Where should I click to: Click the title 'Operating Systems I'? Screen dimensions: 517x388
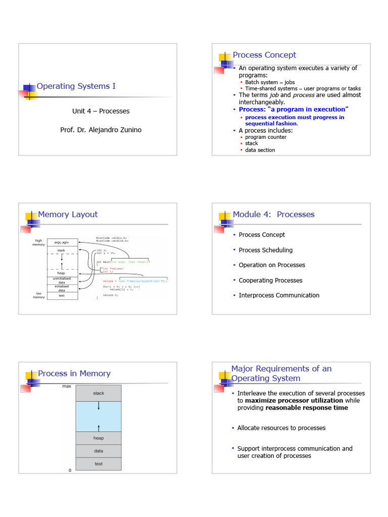(76, 86)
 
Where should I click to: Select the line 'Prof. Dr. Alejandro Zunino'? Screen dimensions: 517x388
(101, 130)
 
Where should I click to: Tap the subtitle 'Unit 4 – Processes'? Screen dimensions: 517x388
(101, 111)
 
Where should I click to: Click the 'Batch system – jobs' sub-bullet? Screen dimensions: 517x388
(270, 82)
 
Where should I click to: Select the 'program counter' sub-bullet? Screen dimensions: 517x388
(266, 137)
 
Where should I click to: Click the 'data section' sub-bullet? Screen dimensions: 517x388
(260, 150)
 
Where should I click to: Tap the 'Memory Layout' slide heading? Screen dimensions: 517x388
(68, 215)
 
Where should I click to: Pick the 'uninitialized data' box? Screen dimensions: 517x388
(63, 280)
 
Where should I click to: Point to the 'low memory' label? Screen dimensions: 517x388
(38, 295)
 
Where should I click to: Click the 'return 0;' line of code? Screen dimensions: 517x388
(111, 295)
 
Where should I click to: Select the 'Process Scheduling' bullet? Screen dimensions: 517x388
(265, 250)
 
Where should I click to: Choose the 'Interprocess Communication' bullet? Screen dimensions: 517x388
(279, 295)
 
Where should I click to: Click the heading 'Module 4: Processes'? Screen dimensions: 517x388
(273, 215)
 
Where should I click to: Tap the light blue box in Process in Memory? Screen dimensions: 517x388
(99, 417)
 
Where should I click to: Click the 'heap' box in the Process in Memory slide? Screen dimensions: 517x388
(99, 438)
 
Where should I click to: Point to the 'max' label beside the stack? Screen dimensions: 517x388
(66, 386)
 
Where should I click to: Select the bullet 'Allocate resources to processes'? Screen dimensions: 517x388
(281, 428)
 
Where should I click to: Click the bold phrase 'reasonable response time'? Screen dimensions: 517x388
(307, 408)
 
